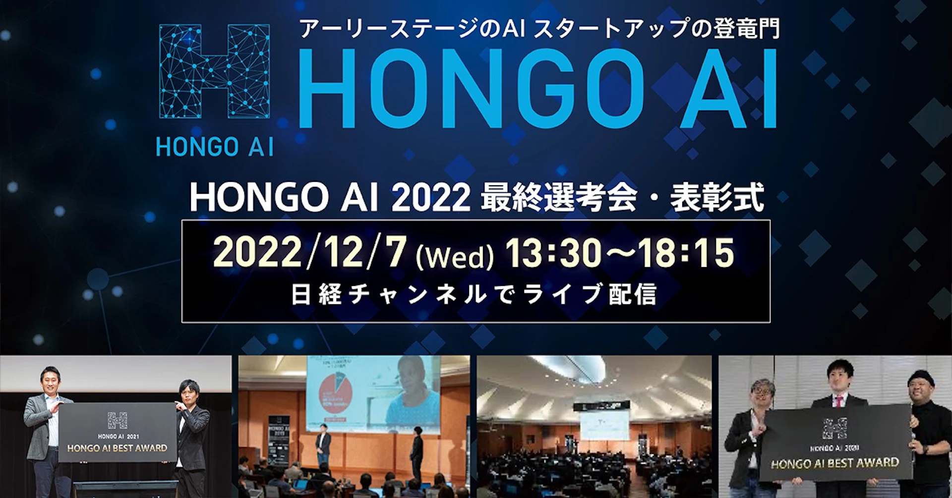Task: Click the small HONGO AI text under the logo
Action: pos(215,147)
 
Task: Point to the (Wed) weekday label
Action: pos(455,258)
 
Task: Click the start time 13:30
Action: pos(553,253)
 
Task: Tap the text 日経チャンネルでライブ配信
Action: pos(474,294)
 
